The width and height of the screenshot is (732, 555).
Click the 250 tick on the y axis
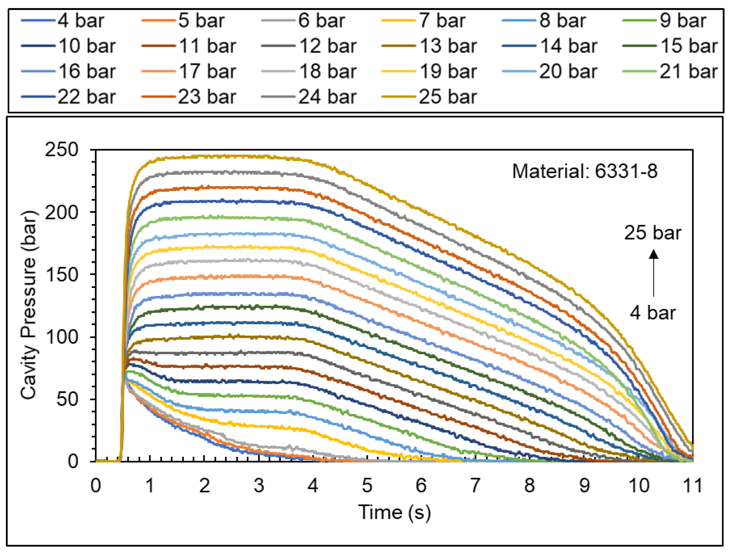tap(61, 150)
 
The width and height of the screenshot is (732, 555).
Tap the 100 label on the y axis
tap(61, 337)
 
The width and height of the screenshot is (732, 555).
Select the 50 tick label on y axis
tap(67, 399)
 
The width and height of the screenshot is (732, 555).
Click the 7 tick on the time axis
tap(475, 486)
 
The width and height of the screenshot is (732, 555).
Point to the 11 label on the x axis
tap(692, 486)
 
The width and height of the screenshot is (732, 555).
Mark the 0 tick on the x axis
tap(96, 486)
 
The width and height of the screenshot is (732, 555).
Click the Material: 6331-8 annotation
tap(584, 172)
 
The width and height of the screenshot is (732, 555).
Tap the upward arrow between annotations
tap(653, 273)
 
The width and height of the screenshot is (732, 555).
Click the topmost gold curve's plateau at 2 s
tap(204, 156)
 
